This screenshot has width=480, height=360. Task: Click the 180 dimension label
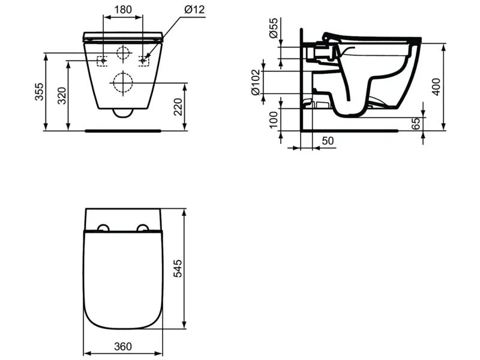123,10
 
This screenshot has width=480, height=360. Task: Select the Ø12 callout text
194,10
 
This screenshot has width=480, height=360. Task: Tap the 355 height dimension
39,92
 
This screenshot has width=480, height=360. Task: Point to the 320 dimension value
62,95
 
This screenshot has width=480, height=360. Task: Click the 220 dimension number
178,107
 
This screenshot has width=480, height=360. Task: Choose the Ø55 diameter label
274,28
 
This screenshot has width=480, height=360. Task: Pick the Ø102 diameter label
256,82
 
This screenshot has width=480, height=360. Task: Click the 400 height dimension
437,87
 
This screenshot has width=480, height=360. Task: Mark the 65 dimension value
416,124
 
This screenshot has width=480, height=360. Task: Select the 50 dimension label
328,141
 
